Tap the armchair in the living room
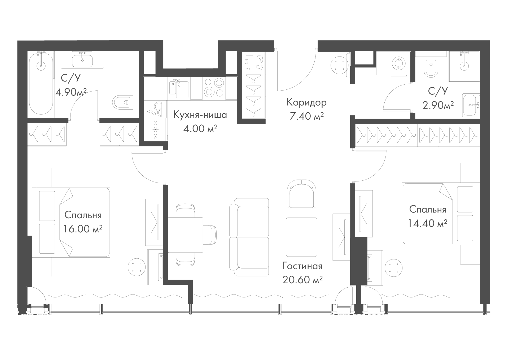(302, 194)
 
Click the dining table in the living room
(186, 235)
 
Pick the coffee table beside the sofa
(302, 237)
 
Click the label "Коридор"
(306, 102)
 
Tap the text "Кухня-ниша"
(200, 115)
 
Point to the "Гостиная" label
(302, 266)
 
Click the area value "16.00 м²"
(83, 228)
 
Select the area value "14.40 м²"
(428, 223)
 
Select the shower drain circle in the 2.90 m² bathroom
(464, 66)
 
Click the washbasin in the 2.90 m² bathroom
(471, 105)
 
